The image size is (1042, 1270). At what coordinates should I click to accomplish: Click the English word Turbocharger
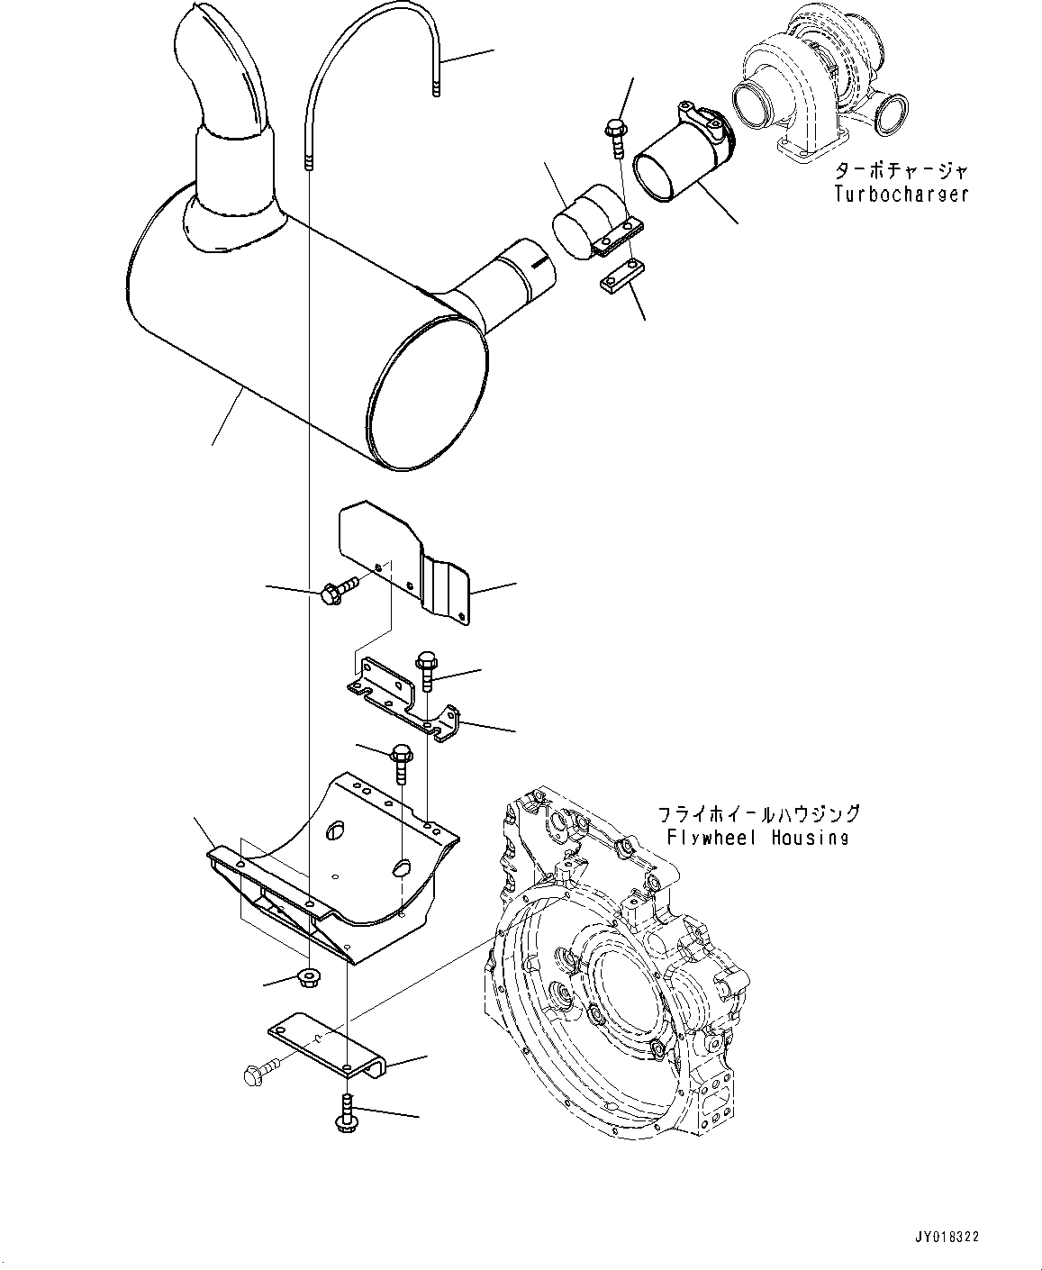[x=901, y=194]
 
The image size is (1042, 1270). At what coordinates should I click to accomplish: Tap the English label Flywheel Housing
[x=757, y=838]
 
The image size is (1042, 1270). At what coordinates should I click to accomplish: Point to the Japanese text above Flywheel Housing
[x=757, y=814]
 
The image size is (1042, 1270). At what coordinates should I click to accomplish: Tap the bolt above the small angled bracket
[x=426, y=671]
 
